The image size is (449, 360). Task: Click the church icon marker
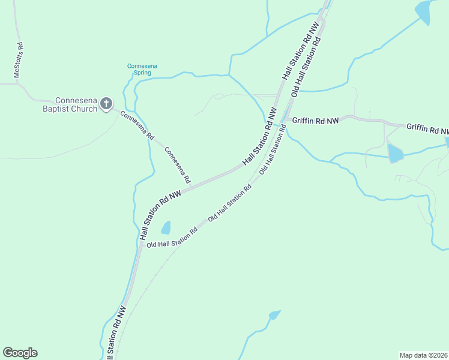click(x=106, y=104)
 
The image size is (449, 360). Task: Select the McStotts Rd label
click(x=19, y=60)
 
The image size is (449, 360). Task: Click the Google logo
click(x=20, y=353)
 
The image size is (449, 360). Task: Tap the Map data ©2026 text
click(x=424, y=355)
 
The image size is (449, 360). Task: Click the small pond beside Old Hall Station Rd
click(x=166, y=227)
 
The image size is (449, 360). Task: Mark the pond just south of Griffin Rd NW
click(x=396, y=153)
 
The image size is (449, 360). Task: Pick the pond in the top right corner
click(x=424, y=11)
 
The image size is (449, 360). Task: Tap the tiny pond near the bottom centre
click(x=274, y=314)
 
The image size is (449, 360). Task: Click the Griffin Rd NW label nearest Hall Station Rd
click(x=315, y=121)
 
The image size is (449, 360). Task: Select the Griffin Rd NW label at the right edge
click(x=427, y=128)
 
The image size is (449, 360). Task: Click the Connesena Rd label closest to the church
click(x=137, y=125)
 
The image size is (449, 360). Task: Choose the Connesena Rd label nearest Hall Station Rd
click(x=178, y=165)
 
